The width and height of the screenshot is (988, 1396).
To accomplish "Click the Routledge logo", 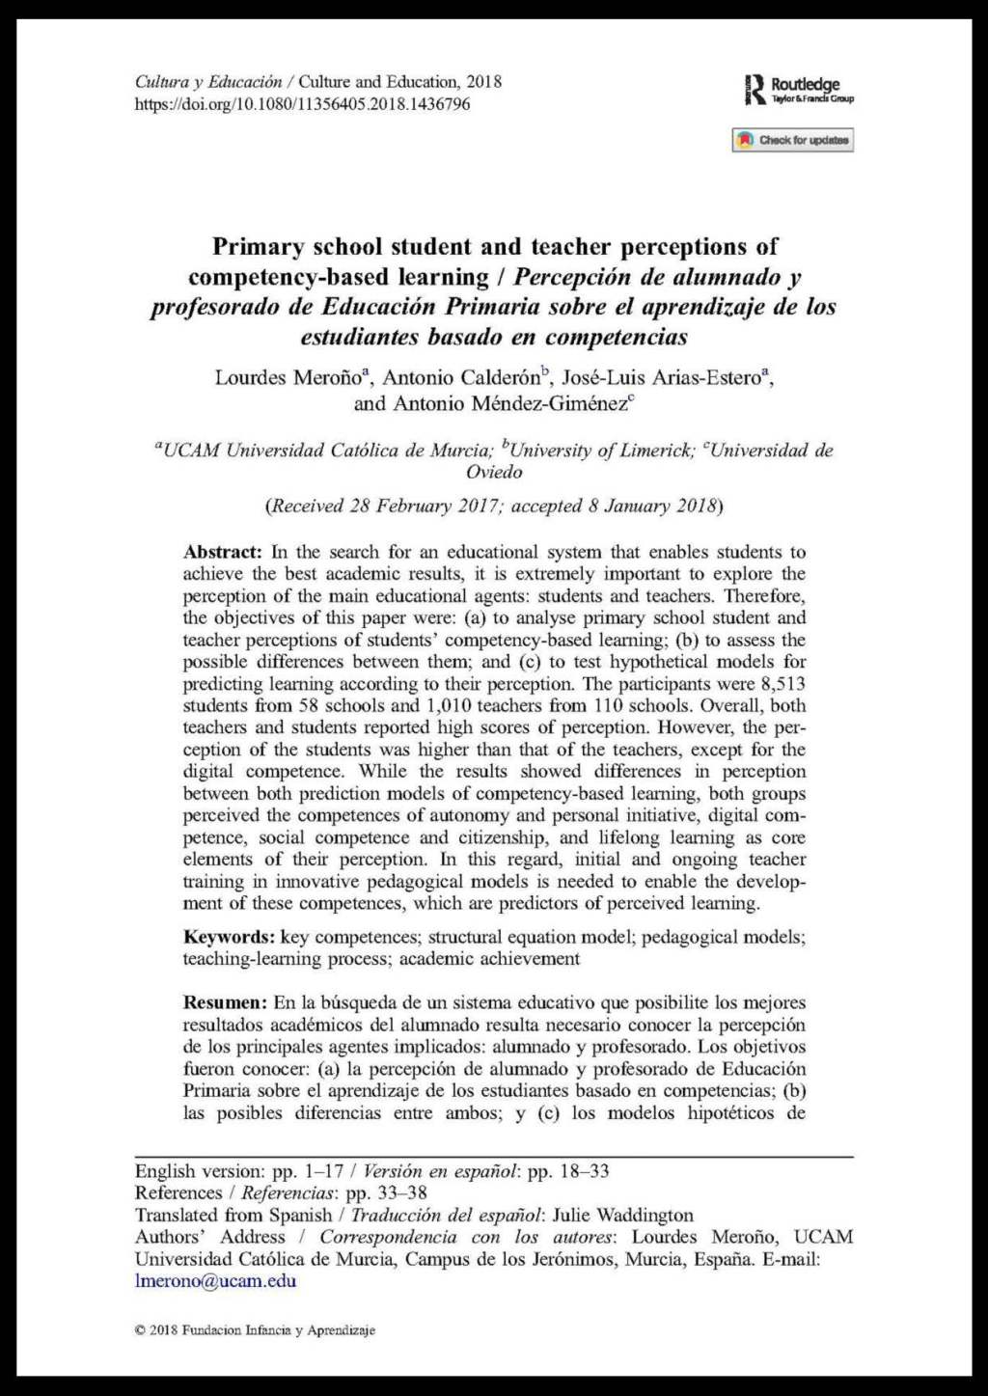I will click(799, 90).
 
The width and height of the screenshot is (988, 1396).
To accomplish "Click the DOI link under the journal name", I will click(302, 104).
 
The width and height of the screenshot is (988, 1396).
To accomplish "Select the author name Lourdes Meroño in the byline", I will click(288, 377).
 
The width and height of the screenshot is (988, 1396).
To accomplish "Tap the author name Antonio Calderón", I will click(461, 377).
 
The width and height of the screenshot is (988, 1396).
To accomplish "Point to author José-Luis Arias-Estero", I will click(661, 377).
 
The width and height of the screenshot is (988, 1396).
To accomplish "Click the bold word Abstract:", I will click(223, 552).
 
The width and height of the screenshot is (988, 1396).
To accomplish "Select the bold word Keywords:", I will click(230, 937).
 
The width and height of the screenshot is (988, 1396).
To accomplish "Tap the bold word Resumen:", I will click(225, 1002).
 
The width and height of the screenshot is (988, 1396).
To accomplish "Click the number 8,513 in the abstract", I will click(782, 684).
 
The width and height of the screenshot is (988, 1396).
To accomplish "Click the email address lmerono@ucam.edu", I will click(215, 1281).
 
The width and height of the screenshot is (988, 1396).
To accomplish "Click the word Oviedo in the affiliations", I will click(494, 472).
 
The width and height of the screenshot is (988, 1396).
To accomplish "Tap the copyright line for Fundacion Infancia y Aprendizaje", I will click(255, 1330).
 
